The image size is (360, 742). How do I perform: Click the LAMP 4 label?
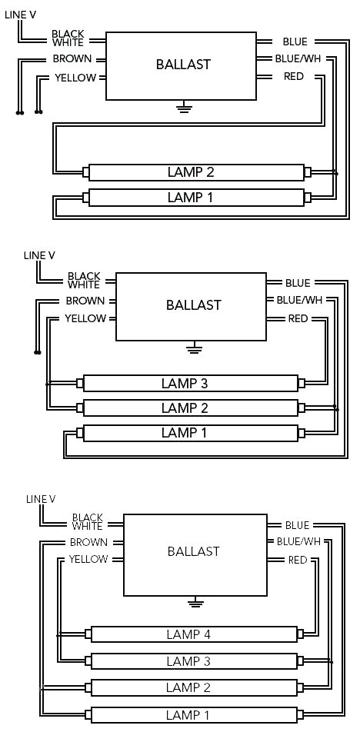pos(188,634)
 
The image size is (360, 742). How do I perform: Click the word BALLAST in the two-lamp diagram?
pos(183,65)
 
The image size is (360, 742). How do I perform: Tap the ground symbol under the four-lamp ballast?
pos(197,601)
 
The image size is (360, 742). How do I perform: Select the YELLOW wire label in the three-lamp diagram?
pos(85,318)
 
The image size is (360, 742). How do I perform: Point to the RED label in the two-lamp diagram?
pos(293,76)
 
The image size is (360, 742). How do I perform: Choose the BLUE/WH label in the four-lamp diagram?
pos(298,541)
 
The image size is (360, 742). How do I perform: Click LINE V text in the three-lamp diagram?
pos(39,255)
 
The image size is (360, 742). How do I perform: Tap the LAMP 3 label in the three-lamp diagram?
pos(185,383)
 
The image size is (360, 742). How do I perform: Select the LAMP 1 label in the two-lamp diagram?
pos(189,198)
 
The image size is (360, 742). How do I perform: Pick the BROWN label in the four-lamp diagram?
pos(88,542)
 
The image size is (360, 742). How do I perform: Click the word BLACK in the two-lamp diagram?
pos(68,35)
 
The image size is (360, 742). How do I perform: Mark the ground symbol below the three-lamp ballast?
pos(192,348)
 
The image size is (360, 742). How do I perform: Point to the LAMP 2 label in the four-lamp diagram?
pos(188,687)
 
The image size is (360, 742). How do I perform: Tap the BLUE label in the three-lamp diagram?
pos(298,284)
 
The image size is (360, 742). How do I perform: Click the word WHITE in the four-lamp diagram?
pos(87,527)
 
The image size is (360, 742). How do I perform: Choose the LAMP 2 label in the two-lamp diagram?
pos(189,171)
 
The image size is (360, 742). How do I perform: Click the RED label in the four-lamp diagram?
pos(298,560)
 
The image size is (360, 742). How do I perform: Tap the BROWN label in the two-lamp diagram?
pos(72,59)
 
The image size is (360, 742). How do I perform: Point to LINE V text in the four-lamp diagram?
pos(41,499)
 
